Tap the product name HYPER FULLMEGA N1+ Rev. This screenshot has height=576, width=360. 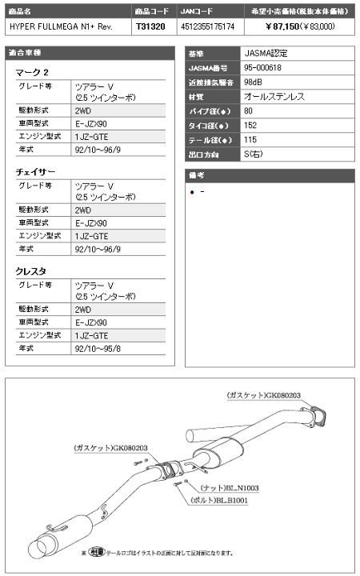(52, 26)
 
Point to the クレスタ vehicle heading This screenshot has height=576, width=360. (31, 271)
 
